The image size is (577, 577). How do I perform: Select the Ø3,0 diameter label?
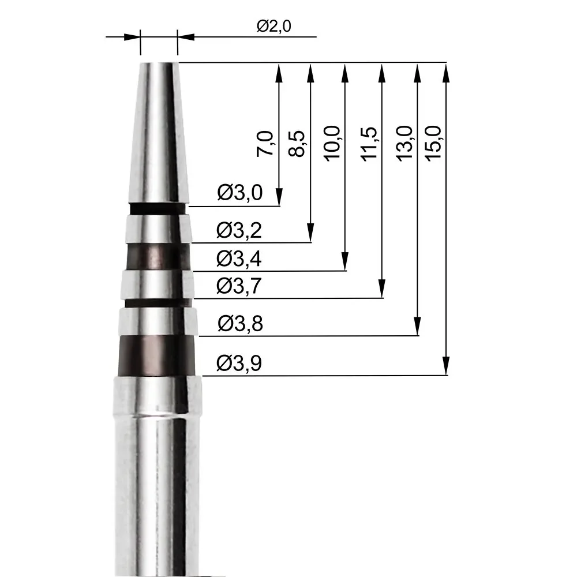(x=239, y=193)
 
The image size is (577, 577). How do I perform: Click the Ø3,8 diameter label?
(x=240, y=324)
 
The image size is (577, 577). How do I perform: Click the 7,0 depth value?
(x=266, y=143)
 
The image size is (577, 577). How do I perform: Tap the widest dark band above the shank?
(x=156, y=355)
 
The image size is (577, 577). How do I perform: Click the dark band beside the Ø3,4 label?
(x=157, y=257)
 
